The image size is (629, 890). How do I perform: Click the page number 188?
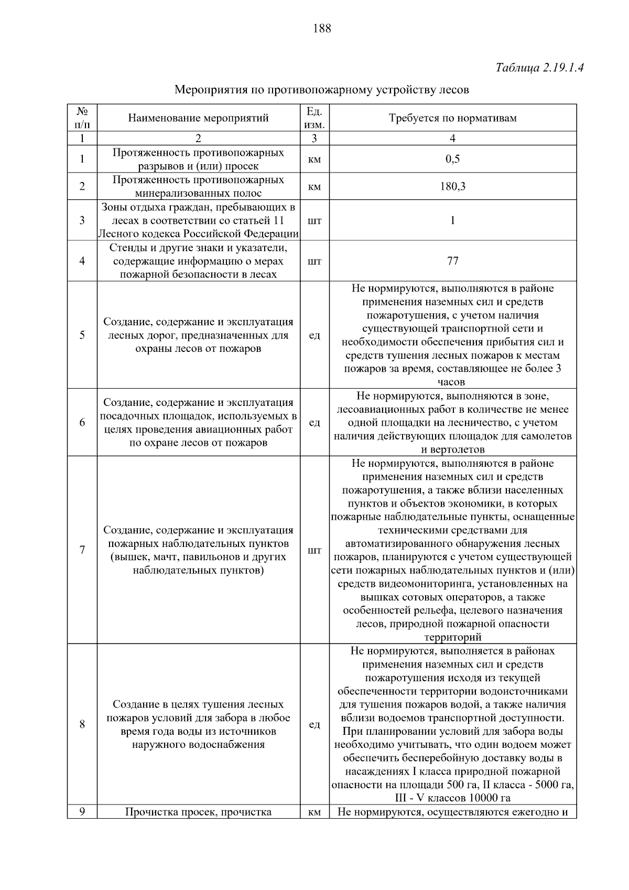pyautogui.click(x=322, y=28)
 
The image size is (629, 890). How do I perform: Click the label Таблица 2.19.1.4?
pyautogui.click(x=539, y=68)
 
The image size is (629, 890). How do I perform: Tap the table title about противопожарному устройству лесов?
pyautogui.click(x=321, y=90)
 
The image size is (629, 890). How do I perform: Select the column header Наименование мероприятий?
pyautogui.click(x=198, y=117)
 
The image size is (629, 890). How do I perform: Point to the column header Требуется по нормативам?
pyautogui.click(x=452, y=117)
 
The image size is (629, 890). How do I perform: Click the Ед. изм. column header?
pyautogui.click(x=314, y=117)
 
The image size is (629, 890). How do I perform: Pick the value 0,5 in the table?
pyautogui.click(x=452, y=159)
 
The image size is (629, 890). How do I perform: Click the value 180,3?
pyautogui.click(x=452, y=186)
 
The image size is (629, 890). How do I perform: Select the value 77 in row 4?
pyautogui.click(x=452, y=261)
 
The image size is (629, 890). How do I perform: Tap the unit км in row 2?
pyautogui.click(x=314, y=186)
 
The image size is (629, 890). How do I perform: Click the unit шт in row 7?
pyautogui.click(x=314, y=550)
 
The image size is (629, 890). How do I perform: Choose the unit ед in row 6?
pyautogui.click(x=314, y=422)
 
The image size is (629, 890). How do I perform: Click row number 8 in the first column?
pyautogui.click(x=82, y=724)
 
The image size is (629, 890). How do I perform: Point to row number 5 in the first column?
pyautogui.click(x=82, y=335)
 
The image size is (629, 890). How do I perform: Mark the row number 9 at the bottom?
pyautogui.click(x=82, y=812)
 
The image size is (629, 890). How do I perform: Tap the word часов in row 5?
pyautogui.click(x=452, y=382)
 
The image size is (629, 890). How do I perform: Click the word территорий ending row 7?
pyautogui.click(x=452, y=637)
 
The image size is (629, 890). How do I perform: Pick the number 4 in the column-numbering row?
pyautogui.click(x=452, y=138)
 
